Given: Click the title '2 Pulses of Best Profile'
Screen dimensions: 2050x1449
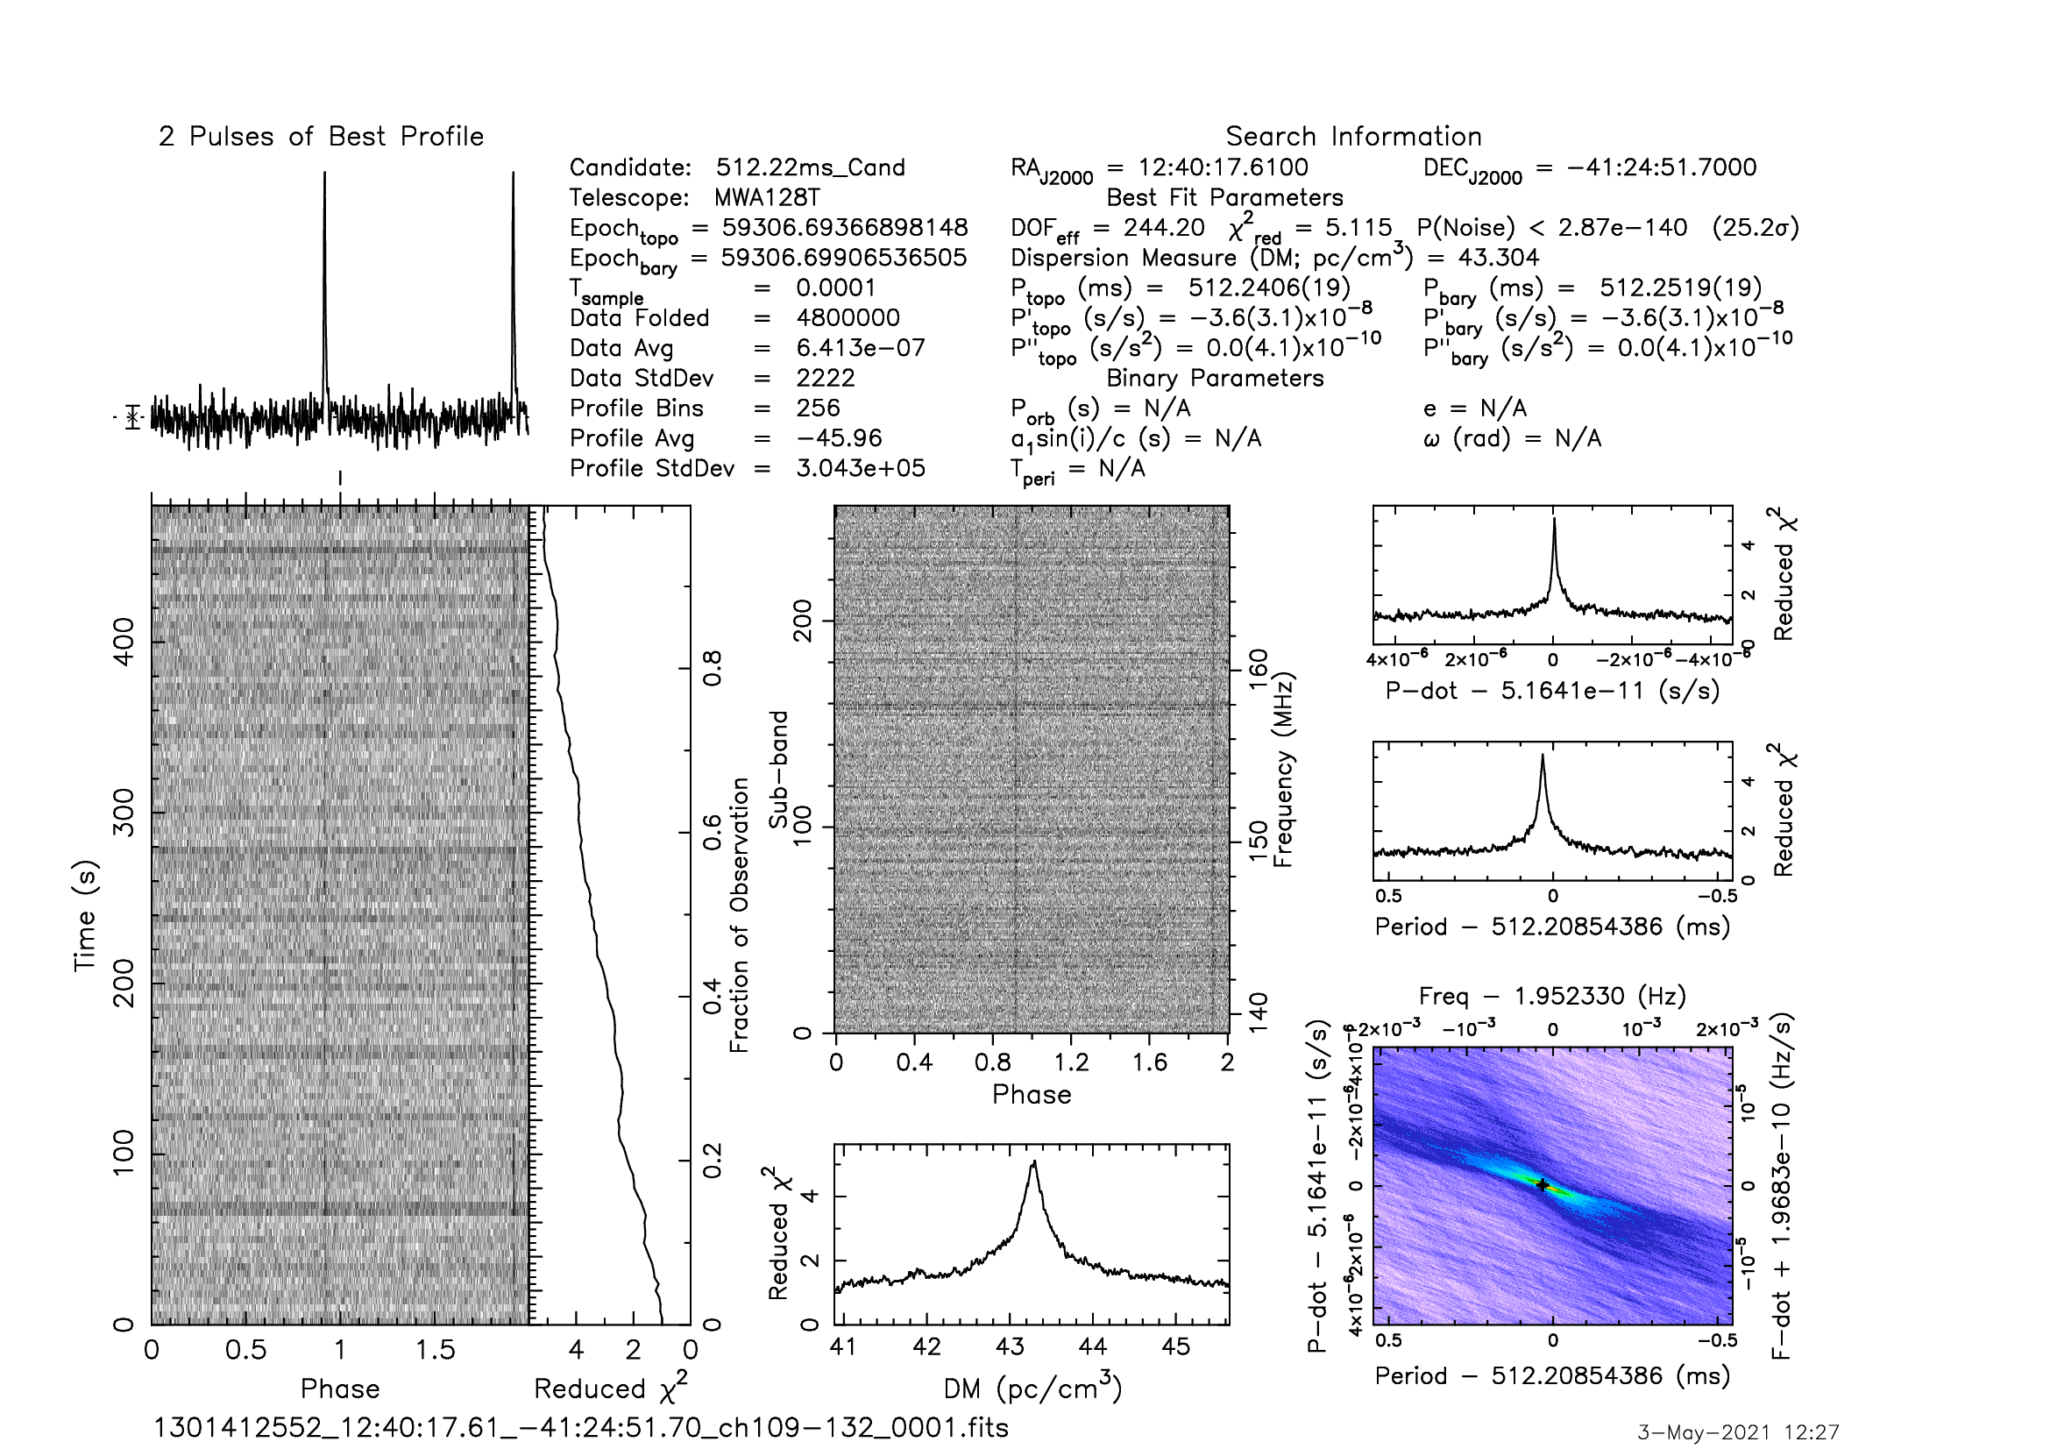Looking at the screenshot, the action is click(x=322, y=137).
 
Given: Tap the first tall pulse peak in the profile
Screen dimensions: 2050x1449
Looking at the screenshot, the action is click(x=325, y=174).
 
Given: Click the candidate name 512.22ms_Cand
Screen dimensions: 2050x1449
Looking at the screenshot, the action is click(x=811, y=167).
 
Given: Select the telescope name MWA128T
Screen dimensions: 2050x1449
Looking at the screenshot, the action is click(x=767, y=197).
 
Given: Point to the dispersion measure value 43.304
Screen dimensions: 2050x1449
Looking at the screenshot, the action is click(x=1499, y=258).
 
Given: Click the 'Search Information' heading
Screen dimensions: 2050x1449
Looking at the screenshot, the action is click(x=1353, y=137).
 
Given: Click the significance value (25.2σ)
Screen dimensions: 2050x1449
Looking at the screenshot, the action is click(x=1756, y=228).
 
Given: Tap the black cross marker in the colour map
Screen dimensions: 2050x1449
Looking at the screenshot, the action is click(x=1542, y=1185).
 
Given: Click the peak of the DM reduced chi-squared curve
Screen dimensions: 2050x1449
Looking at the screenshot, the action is click(x=1034, y=1161).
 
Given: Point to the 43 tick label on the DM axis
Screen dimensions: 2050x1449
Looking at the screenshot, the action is click(x=1010, y=1347).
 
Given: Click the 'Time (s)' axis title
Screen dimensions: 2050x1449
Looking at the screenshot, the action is click(x=85, y=915).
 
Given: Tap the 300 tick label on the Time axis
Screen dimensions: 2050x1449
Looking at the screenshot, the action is click(x=124, y=813).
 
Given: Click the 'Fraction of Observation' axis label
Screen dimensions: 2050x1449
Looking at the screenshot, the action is click(x=738, y=915).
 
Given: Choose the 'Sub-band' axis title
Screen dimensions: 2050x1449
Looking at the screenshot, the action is click(x=778, y=770).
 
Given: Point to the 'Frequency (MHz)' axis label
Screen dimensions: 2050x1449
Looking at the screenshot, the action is click(x=1283, y=770).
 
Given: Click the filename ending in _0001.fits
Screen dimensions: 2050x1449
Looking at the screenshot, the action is click(x=581, y=1428).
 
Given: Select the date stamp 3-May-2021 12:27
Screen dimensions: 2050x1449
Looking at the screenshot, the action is click(x=1737, y=1433).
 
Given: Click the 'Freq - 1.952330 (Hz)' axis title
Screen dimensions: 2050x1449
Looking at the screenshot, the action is click(x=1552, y=996).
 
